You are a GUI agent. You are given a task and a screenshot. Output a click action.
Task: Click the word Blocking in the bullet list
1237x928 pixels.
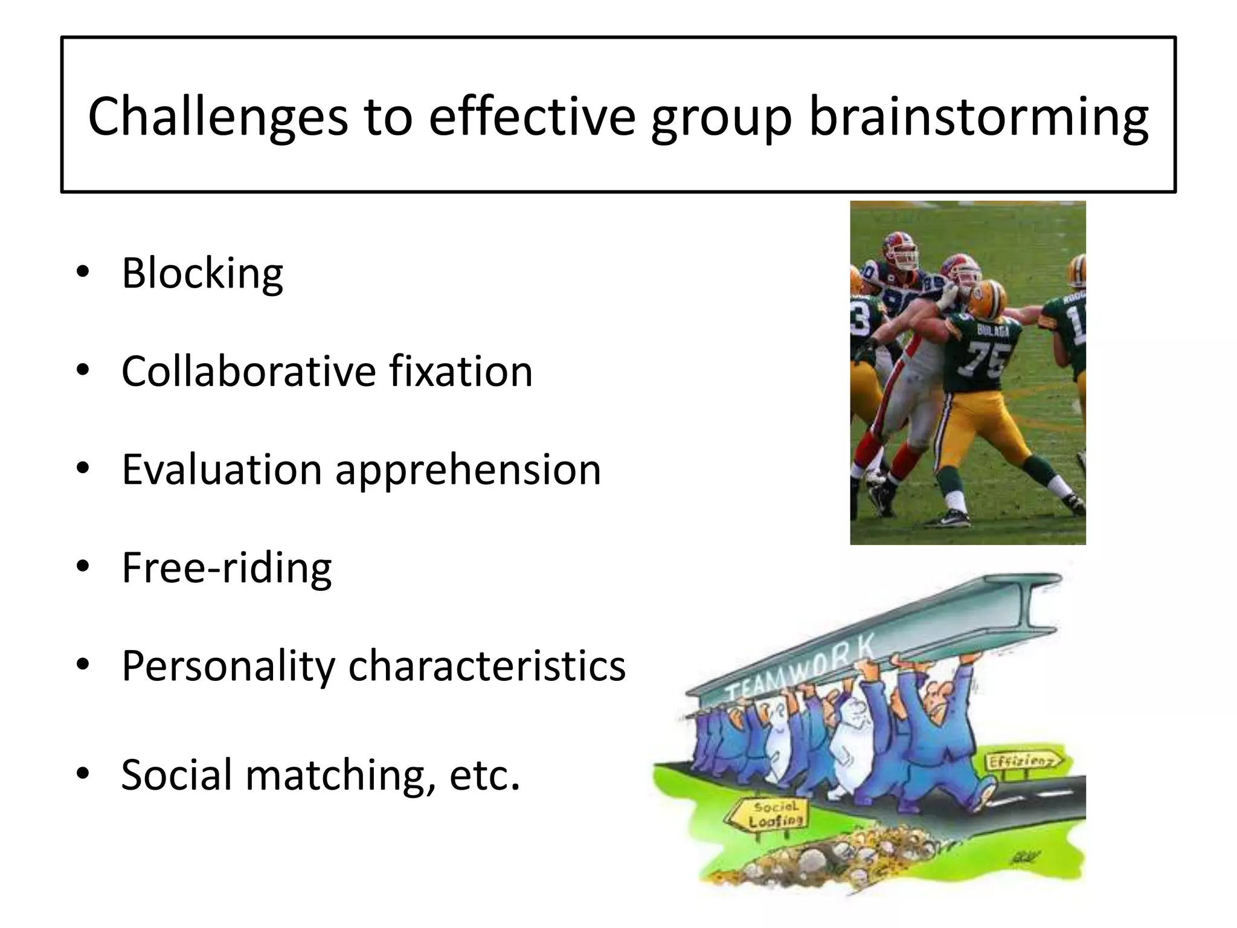(202, 274)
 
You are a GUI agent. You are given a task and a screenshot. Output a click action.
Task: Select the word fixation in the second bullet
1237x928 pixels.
(461, 372)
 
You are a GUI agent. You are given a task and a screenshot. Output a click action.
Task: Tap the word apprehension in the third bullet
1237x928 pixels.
(468, 470)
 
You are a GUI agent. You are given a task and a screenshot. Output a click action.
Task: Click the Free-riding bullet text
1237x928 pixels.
(227, 568)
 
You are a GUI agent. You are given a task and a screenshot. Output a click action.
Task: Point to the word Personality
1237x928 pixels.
(228, 666)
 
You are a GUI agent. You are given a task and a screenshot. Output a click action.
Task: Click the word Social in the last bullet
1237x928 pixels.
(176, 775)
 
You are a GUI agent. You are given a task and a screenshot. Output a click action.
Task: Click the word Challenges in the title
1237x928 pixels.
(218, 116)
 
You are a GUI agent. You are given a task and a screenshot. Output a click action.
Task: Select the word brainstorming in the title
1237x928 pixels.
(978, 116)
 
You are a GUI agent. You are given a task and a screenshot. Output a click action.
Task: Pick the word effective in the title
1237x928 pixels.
(532, 116)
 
